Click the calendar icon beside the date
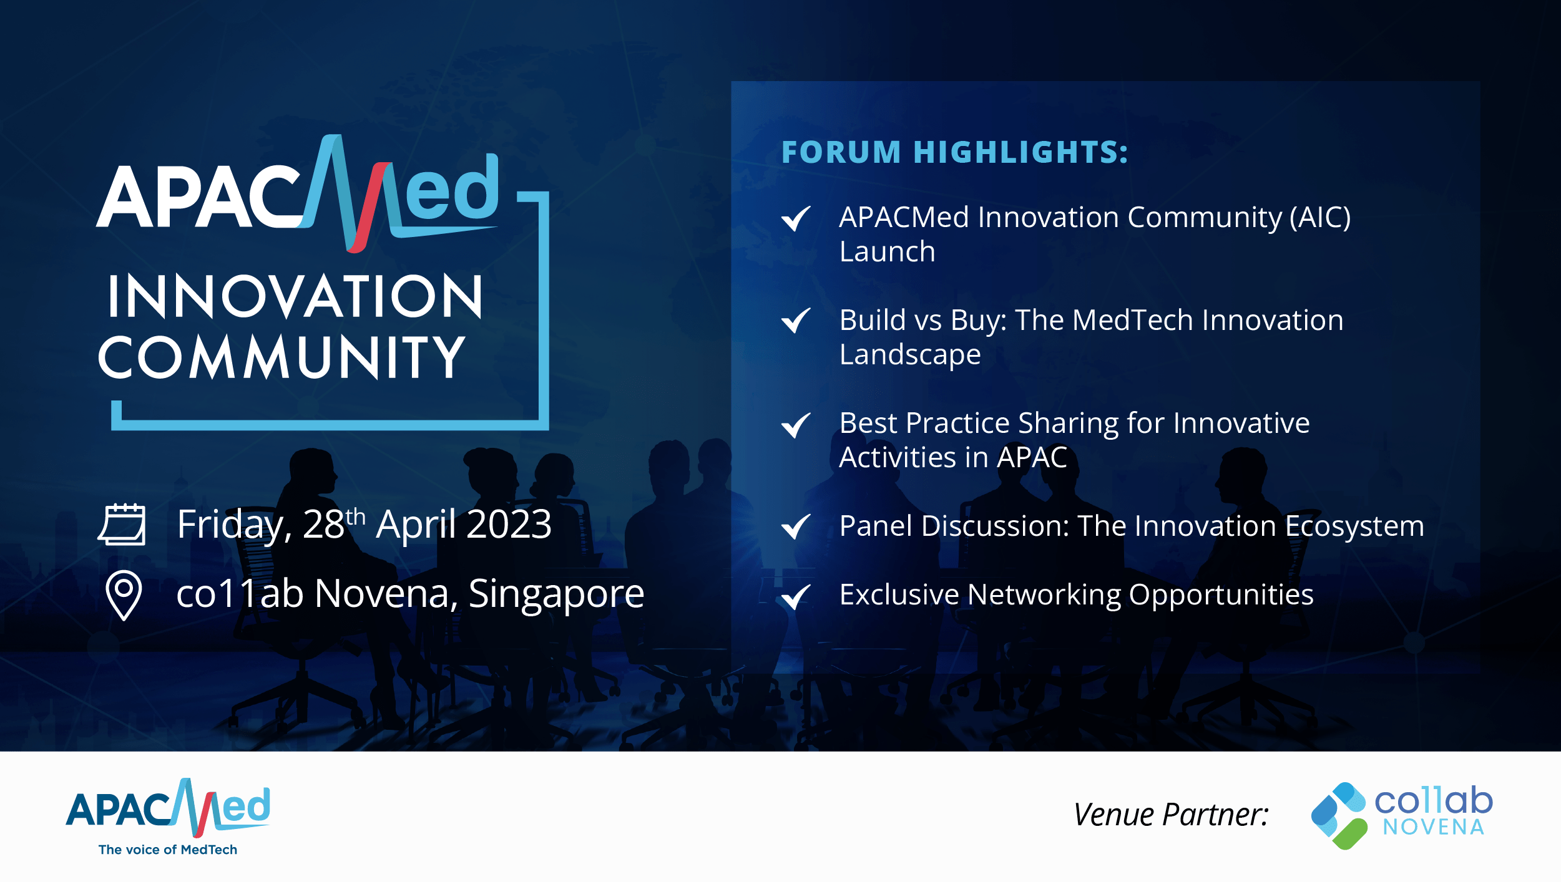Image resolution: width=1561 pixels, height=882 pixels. [x=122, y=525]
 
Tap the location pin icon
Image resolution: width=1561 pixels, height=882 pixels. [x=124, y=595]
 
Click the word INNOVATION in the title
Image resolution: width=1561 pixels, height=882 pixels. [x=295, y=296]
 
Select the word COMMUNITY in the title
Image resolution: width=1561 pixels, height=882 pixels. [x=281, y=357]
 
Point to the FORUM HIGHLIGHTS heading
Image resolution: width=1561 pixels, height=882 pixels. [x=955, y=153]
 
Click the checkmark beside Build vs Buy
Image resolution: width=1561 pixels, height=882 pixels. [x=796, y=321]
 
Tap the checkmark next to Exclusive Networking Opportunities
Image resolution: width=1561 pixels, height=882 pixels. [x=796, y=596]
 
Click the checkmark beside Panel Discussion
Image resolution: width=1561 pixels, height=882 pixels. [x=796, y=526]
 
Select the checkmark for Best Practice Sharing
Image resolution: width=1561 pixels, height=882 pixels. [x=796, y=425]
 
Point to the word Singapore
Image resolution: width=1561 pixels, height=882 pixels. [x=556, y=594]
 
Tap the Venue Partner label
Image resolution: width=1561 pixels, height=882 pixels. [x=1171, y=815]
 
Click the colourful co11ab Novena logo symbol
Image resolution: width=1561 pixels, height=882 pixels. [x=1339, y=816]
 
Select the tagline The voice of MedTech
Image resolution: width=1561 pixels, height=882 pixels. [x=168, y=850]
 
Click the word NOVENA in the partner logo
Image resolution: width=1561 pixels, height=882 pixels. [x=1433, y=827]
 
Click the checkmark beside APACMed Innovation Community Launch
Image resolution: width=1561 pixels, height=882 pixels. [x=796, y=218]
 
